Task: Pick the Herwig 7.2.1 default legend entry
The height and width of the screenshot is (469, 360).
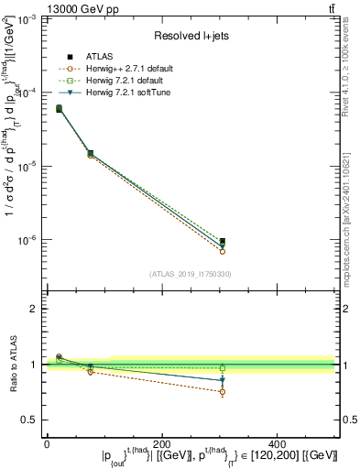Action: pos(130,81)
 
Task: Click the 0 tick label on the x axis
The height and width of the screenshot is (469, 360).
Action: pos(47,442)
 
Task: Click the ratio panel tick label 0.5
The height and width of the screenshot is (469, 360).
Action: pos(32,420)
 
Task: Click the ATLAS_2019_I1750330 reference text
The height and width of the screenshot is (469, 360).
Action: pos(191,274)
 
